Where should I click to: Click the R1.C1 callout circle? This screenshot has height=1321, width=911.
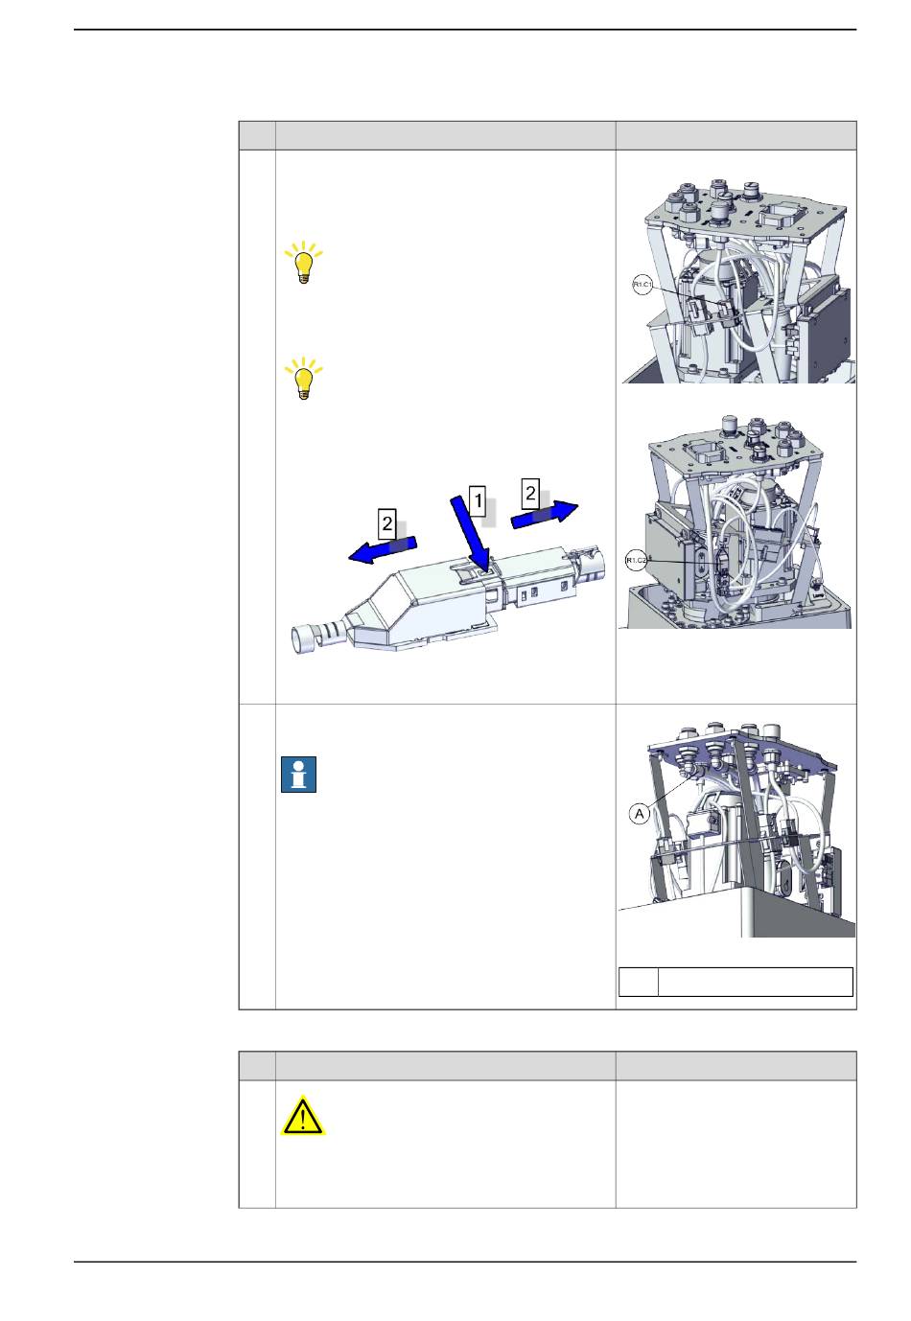(642, 286)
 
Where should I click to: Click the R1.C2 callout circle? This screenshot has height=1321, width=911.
(636, 560)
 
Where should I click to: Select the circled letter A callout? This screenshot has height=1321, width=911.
(639, 815)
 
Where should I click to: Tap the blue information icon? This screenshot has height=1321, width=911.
(298, 775)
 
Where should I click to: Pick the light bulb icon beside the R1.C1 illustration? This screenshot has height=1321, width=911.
(303, 263)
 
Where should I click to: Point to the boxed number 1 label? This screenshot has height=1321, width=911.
(477, 502)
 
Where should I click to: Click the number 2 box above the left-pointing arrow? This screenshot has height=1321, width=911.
(387, 523)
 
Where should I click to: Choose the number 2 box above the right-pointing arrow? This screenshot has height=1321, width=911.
(530, 493)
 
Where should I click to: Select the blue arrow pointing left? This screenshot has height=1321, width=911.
(383, 549)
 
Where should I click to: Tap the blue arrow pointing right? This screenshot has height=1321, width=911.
(544, 514)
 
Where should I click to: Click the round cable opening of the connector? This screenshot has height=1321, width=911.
(304, 639)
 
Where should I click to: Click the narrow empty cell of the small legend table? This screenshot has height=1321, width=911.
(639, 982)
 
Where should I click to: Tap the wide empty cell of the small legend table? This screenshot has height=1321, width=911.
(756, 982)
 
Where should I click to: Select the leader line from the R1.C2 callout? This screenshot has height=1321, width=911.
(684, 562)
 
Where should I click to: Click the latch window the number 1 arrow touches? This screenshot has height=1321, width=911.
(486, 570)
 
